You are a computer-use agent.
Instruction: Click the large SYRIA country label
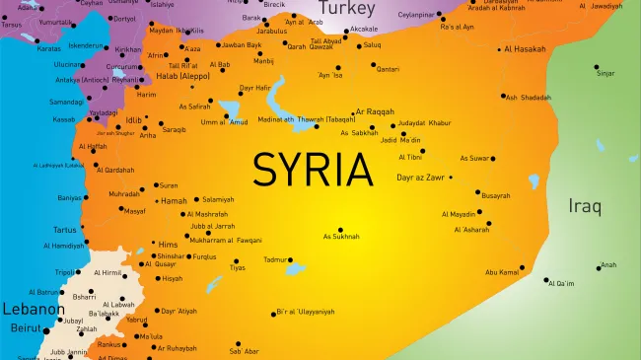point(315,169)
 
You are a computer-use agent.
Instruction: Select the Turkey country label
point(347,9)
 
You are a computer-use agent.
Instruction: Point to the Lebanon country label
point(26,309)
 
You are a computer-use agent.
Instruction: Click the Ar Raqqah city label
point(375,112)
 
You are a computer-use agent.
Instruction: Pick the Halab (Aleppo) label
point(183,75)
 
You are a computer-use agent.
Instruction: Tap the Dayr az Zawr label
point(420,178)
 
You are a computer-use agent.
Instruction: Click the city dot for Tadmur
point(290,260)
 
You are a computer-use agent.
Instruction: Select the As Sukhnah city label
point(341,237)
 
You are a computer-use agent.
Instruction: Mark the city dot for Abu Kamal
point(522,267)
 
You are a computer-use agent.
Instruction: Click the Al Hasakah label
point(524,48)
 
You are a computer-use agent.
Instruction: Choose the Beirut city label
point(26,327)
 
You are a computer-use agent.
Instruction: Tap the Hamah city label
point(174,201)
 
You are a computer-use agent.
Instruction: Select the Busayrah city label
point(496,195)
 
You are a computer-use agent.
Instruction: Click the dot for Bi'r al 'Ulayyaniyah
point(274,314)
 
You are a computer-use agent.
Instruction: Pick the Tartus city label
point(64,230)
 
